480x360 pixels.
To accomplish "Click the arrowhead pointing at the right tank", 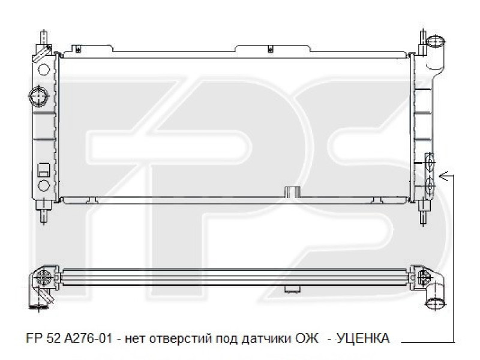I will (x=443, y=175).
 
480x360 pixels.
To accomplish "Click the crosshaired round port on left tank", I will (x=38, y=95).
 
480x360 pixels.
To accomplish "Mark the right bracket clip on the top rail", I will (x=270, y=47).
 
